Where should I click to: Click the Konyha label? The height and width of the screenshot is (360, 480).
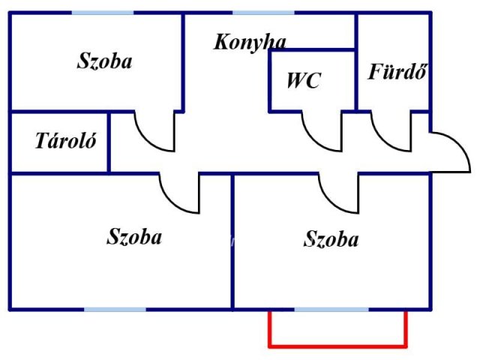pyautogui.click(x=250, y=43)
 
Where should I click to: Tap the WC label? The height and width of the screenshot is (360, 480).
pyautogui.click(x=304, y=80)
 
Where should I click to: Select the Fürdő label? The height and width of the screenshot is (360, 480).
pyautogui.click(x=397, y=72)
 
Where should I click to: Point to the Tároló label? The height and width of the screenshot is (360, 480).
pyautogui.click(x=66, y=140)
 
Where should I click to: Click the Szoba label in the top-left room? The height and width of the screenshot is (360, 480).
pyautogui.click(x=104, y=61)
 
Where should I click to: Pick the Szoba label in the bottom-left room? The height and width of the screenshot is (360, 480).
pyautogui.click(x=134, y=237)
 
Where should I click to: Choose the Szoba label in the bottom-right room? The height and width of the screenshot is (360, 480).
pyautogui.click(x=331, y=238)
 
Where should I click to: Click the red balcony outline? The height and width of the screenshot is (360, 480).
pyautogui.click(x=338, y=346)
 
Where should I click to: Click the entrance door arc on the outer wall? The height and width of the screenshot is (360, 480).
pyautogui.click(x=460, y=144)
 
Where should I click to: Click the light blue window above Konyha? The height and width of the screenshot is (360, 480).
pyautogui.click(x=263, y=13)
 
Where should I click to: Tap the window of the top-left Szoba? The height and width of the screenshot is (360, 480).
pyautogui.click(x=103, y=13)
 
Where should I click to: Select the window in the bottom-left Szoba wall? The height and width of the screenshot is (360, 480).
pyautogui.click(x=115, y=310)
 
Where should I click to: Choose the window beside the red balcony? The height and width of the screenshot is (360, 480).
pyautogui.click(x=331, y=310)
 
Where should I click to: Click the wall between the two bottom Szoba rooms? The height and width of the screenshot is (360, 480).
pyautogui.click(x=232, y=241)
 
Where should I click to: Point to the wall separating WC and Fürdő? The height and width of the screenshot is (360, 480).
pyautogui.click(x=356, y=62)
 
